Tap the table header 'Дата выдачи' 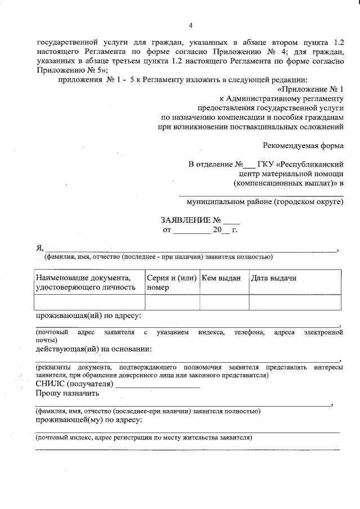tap(274, 278)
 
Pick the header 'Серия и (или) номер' tap(172, 282)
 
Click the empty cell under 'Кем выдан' tap(224, 302)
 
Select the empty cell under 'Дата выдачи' tap(295, 302)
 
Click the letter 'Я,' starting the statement tap(39, 249)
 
